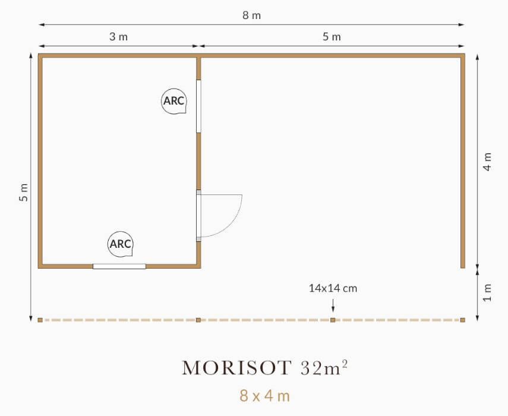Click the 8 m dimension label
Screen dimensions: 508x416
tap(252, 15)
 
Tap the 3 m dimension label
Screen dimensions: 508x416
tap(119, 37)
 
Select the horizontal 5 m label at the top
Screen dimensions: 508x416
tap(332, 37)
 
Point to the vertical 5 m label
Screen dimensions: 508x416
tap(24, 193)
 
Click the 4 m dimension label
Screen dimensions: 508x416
tap(487, 162)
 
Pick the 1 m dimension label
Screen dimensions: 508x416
tap(487, 292)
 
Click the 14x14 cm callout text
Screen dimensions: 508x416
tap(333, 288)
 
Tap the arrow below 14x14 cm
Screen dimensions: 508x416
tap(333, 305)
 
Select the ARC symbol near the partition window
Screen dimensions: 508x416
tap(174, 101)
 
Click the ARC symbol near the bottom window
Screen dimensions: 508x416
tap(120, 244)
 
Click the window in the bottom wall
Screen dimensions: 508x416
tap(119, 266)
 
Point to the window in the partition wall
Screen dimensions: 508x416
tap(198, 106)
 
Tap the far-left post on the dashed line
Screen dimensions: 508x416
tap(40, 320)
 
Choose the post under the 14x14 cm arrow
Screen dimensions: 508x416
tap(333, 320)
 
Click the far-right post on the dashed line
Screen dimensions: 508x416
tap(463, 320)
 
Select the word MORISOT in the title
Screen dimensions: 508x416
tap(237, 368)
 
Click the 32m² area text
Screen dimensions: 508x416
tap(324, 367)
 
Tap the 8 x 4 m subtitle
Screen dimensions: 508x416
tap(264, 396)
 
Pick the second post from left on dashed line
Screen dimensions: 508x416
tap(198, 320)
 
